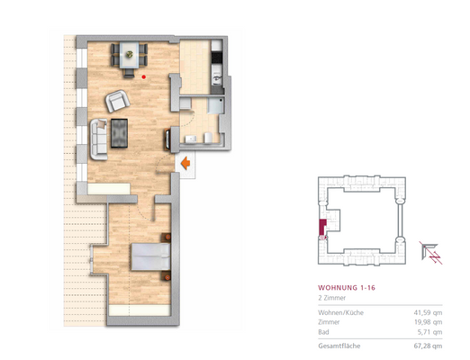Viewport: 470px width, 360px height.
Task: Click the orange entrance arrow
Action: [184, 164]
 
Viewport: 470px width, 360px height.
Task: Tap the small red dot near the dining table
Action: [144, 76]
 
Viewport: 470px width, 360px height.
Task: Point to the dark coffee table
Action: [120, 133]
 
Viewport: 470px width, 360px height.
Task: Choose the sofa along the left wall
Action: [95, 135]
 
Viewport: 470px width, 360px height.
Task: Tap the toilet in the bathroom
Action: [206, 137]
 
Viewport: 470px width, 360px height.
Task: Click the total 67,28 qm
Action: [427, 345]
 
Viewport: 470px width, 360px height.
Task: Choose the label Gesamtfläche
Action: [339, 345]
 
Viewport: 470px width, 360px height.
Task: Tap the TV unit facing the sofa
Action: [167, 140]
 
